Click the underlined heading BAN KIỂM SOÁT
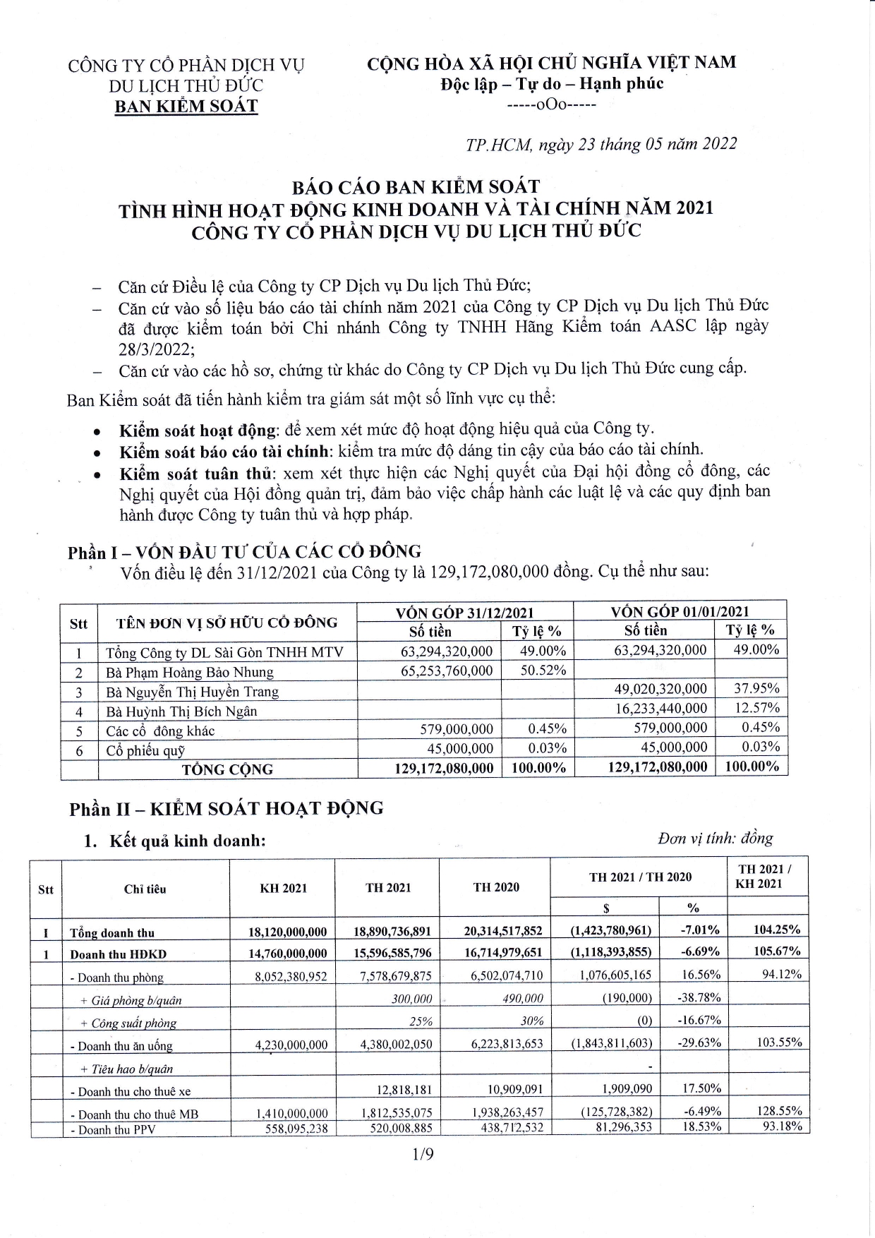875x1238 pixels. click(x=186, y=107)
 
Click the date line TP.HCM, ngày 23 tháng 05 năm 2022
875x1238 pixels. click(x=601, y=144)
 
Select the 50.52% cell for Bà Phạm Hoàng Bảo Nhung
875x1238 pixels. click(x=543, y=671)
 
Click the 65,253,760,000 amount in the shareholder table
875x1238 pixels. click(x=447, y=671)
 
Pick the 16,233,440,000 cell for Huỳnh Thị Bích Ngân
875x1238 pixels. click(x=660, y=708)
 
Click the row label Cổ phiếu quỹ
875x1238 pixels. click(x=145, y=751)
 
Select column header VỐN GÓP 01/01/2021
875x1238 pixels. click(x=680, y=611)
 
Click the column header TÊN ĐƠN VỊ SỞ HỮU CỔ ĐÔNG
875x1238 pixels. click(x=227, y=623)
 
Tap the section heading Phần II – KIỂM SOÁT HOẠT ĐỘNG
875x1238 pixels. click(x=227, y=809)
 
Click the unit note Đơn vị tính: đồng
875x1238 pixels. click(x=715, y=838)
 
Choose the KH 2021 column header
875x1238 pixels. click(x=283, y=888)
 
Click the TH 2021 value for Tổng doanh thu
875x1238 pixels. click(x=392, y=932)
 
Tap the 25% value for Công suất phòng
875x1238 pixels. click(x=421, y=1021)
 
